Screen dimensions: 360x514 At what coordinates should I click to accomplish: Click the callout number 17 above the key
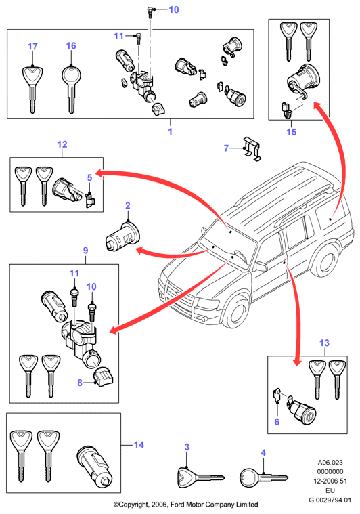32,47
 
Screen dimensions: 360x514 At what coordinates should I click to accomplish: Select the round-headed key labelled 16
71,89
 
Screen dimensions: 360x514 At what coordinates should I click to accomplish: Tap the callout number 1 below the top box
171,131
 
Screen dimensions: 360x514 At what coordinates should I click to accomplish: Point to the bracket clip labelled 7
252,150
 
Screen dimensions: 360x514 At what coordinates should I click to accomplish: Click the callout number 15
291,132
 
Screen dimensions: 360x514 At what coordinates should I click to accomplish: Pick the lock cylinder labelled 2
123,236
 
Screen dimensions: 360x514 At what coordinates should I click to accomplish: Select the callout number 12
62,144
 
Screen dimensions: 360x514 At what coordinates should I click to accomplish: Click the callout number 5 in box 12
89,177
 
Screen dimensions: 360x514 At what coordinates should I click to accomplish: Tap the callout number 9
85,251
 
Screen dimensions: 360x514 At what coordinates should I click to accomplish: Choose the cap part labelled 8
104,377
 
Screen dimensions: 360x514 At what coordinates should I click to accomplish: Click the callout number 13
324,343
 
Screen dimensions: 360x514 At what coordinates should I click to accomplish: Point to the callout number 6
277,422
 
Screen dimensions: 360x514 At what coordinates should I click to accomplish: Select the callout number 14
139,445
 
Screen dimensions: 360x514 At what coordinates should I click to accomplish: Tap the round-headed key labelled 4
263,477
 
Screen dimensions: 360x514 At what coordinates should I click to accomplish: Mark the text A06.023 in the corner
330,463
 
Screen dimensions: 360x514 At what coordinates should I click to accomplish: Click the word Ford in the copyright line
178,505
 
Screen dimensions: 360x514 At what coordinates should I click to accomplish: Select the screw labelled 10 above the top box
150,12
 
